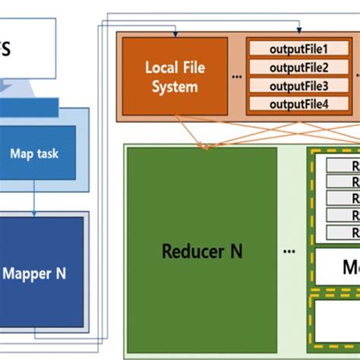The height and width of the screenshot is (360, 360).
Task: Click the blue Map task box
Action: [34, 154]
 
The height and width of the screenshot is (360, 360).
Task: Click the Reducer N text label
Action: [203, 251]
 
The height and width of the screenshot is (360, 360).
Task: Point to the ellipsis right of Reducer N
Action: [289, 251]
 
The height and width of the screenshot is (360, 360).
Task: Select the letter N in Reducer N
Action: [236, 251]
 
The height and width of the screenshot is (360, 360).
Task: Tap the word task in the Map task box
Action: [46, 154]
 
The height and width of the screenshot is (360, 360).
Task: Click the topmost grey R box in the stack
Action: [342, 165]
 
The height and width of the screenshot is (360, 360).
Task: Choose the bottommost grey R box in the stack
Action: [342, 232]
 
